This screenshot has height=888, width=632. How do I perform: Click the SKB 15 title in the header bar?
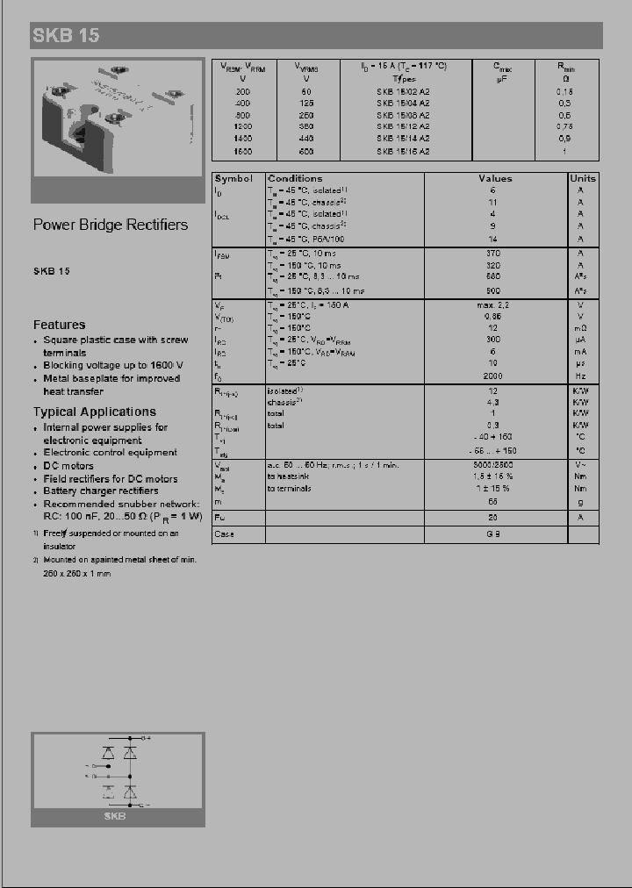click(67, 36)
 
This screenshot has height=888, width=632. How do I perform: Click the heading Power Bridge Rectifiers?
click(111, 225)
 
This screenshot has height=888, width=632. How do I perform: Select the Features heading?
click(60, 325)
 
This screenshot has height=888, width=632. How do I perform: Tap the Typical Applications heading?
click(95, 412)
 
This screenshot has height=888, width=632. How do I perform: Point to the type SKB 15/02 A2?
click(403, 91)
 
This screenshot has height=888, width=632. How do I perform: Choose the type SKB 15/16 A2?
click(403, 152)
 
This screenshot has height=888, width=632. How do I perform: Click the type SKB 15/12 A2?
click(403, 127)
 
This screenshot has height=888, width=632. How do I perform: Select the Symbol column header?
click(233, 178)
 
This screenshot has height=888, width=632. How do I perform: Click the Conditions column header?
click(295, 178)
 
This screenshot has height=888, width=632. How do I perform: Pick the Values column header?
click(495, 178)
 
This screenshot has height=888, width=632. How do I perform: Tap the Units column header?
click(581, 178)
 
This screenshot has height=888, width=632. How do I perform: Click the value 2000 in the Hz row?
click(494, 375)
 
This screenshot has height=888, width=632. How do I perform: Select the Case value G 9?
click(494, 534)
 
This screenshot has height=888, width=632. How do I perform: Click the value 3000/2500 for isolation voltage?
click(494, 464)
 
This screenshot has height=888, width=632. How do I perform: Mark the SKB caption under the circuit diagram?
click(115, 816)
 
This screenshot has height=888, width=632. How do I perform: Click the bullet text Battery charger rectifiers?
click(101, 491)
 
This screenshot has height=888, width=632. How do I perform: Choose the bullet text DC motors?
click(68, 466)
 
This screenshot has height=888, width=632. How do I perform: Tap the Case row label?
click(225, 534)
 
